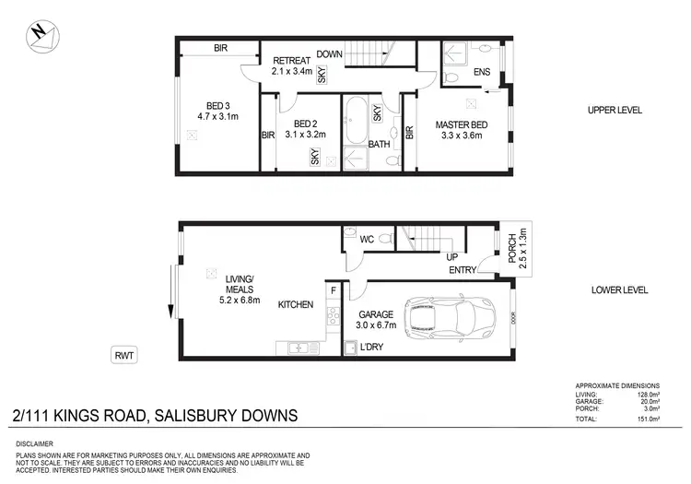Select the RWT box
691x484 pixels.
(123, 353)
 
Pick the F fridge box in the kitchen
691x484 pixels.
(333, 291)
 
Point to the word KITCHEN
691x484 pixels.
(296, 305)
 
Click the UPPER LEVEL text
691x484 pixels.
(615, 111)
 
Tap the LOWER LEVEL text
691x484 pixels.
(619, 289)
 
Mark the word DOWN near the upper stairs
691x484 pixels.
(330, 54)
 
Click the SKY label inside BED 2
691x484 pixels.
(316, 157)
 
